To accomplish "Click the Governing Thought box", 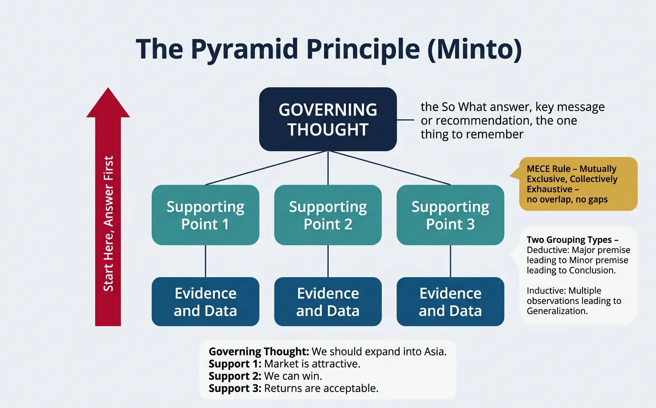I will click(x=327, y=119).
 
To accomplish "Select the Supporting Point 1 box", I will click(x=205, y=215).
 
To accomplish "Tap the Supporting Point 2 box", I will click(x=327, y=215).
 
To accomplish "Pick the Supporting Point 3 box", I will click(x=450, y=215).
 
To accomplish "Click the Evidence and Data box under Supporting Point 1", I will click(x=205, y=301).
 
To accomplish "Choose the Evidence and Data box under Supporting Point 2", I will click(x=327, y=301).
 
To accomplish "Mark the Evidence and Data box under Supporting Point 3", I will click(x=450, y=301).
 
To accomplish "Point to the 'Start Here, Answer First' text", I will click(x=108, y=223).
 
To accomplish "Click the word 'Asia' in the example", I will click(x=432, y=351).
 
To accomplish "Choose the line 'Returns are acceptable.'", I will click(x=320, y=388).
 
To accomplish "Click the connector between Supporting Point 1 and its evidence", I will click(x=205, y=261).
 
